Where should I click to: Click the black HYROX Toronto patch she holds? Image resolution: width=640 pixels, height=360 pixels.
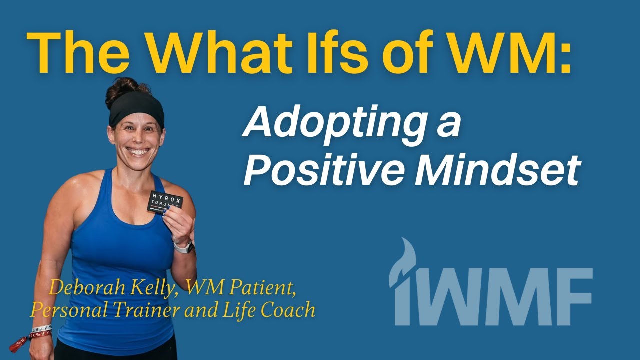[165, 202]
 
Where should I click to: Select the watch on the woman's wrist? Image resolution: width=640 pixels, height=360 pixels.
[184, 247]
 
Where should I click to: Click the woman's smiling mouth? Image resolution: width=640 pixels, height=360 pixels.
[138, 150]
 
